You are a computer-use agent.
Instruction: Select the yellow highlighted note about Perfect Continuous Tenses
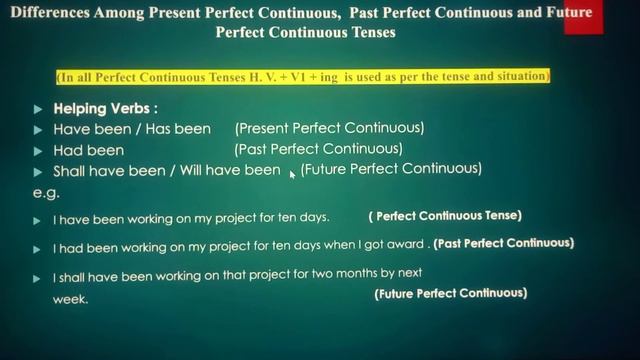pyautogui.click(x=303, y=77)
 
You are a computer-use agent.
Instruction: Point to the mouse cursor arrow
pyautogui.click(x=292, y=174)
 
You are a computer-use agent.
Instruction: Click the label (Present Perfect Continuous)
pyautogui.click(x=329, y=129)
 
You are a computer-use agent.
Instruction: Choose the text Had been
pyautogui.click(x=89, y=151)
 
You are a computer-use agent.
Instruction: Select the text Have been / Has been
pyautogui.click(x=132, y=130)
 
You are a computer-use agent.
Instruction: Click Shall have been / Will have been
pyautogui.click(x=167, y=171)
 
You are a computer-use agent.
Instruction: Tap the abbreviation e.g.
pyautogui.click(x=46, y=193)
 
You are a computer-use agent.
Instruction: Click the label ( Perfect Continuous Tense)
pyautogui.click(x=444, y=216)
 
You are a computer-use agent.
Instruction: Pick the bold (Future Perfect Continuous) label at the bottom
pyautogui.click(x=450, y=294)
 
